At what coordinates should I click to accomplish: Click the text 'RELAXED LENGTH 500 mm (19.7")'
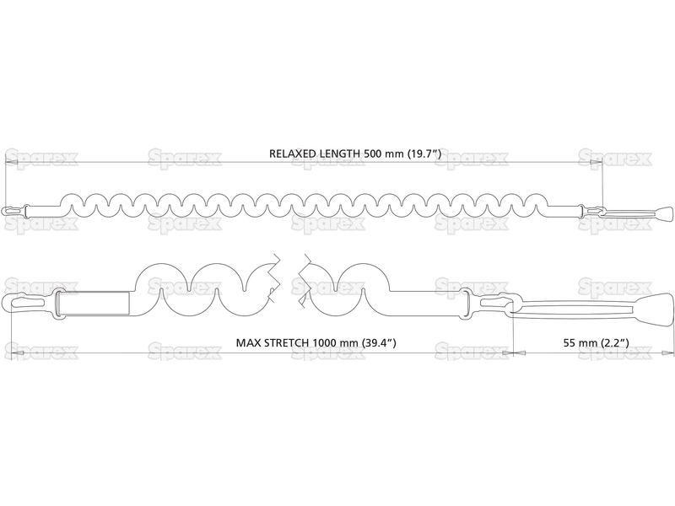[355, 153]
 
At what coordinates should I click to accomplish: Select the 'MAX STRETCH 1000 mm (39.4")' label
[316, 343]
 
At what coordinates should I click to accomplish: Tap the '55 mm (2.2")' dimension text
[597, 343]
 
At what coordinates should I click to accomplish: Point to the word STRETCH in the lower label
[286, 343]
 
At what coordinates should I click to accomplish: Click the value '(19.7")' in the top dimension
[424, 153]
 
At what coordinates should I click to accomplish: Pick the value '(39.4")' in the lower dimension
[379, 343]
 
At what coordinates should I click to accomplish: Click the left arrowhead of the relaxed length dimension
[10, 162]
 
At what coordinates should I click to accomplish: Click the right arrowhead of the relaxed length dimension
[597, 162]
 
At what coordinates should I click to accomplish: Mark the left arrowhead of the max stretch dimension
[16, 353]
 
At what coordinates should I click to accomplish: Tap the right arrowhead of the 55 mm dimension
[667, 353]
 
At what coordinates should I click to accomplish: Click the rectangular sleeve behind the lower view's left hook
[94, 302]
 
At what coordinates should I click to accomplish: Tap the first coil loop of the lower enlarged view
[161, 266]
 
